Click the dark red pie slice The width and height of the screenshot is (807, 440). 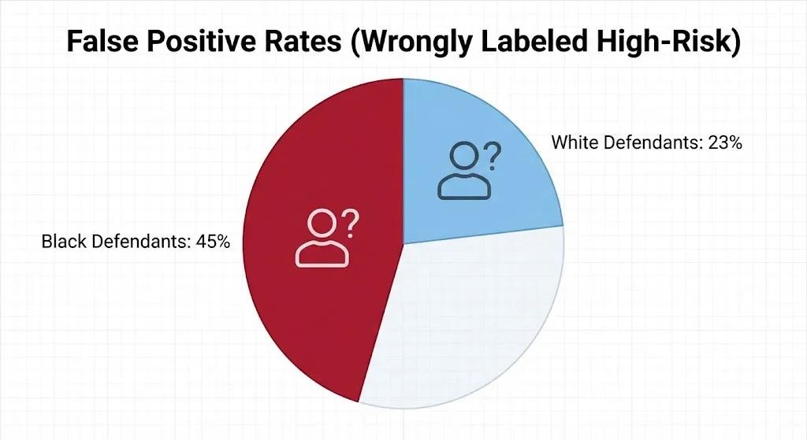[315, 315]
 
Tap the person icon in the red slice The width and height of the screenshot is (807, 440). [322, 238]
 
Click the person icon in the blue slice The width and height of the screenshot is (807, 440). [463, 170]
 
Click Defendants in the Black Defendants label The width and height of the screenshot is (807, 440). [138, 242]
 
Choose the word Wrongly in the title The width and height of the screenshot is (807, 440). [412, 43]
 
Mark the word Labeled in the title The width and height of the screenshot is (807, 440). [535, 43]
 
